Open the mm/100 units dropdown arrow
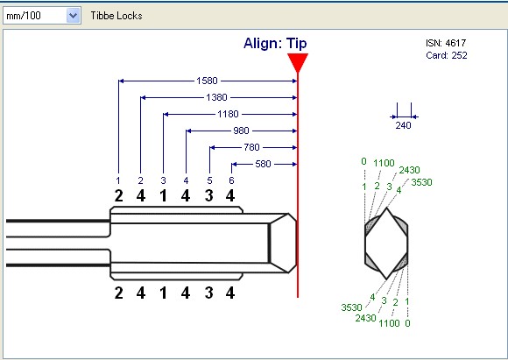coord(74,16)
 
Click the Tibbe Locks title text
coord(116,16)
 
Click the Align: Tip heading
coord(275,44)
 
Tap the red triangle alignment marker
coord(298,62)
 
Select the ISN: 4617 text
coord(446,43)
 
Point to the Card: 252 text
coord(447,55)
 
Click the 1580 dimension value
coord(207,81)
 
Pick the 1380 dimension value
coord(216,97)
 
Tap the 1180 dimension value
coord(228,114)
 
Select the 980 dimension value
coord(242,131)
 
